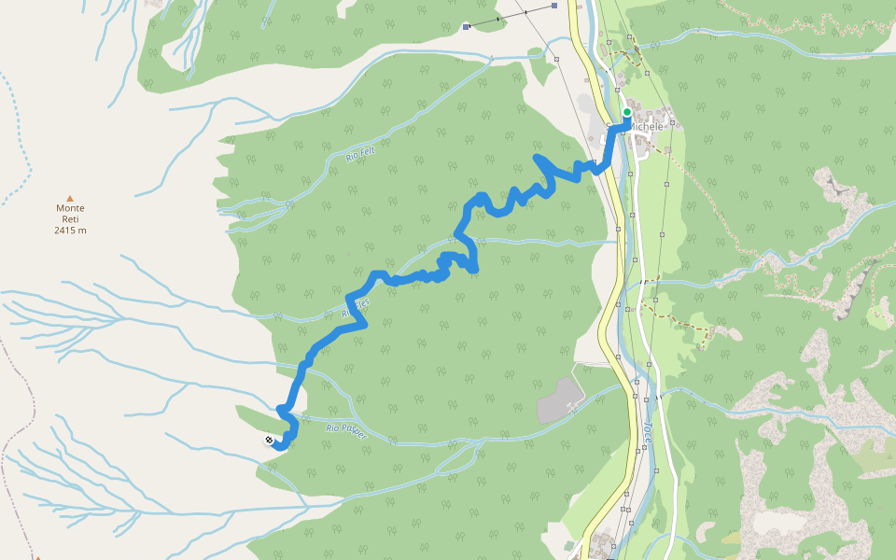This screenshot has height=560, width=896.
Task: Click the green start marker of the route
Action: click(x=627, y=112)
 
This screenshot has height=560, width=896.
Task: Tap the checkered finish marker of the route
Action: click(x=270, y=440)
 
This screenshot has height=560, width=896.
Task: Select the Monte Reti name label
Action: click(x=70, y=214)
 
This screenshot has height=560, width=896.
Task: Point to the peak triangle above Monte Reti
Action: click(x=70, y=198)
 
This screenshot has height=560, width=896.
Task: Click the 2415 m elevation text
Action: click(x=70, y=230)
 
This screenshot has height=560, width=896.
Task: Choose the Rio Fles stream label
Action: click(x=357, y=309)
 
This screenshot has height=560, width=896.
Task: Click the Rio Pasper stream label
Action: click(x=346, y=431)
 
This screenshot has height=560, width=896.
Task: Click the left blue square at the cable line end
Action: click(x=466, y=28)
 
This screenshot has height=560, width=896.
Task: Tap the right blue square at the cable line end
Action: click(x=554, y=6)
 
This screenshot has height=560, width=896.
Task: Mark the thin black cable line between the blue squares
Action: click(x=510, y=17)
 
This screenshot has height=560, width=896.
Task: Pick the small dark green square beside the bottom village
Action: click(x=569, y=544)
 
